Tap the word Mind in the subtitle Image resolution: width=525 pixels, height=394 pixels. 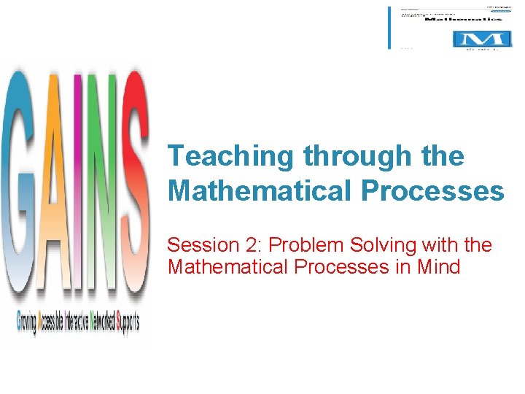pyautogui.click(x=439, y=267)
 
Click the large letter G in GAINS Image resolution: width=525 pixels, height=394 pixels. pyautogui.click(x=22, y=182)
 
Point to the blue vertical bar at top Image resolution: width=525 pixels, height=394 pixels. pyautogui.click(x=389, y=28)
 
